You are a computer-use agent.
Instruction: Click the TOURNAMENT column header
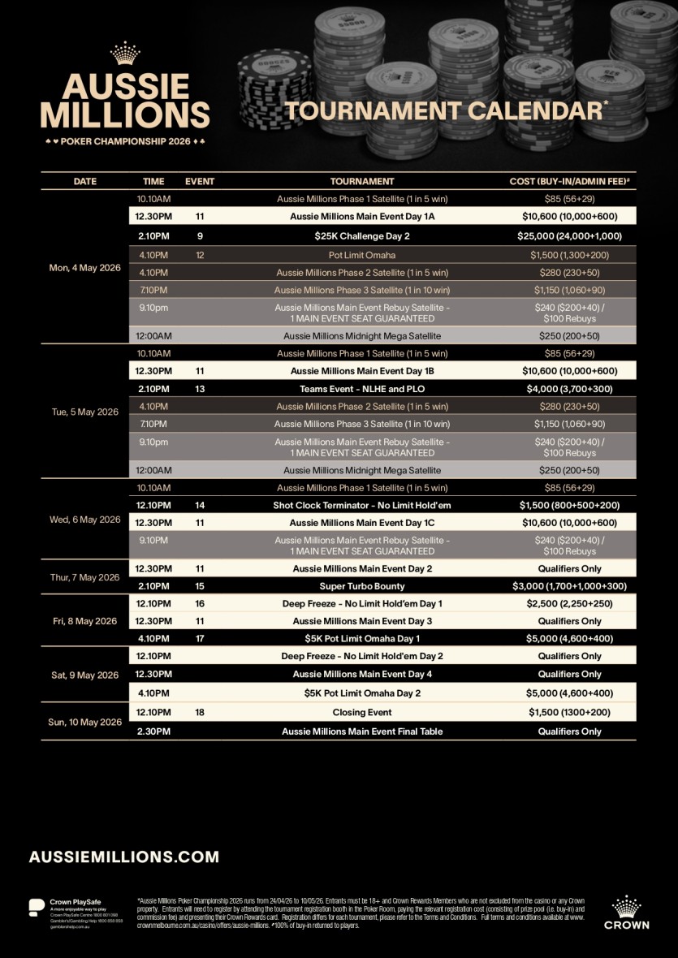coord(362,182)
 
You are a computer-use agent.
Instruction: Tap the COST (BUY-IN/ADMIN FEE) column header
coord(569,182)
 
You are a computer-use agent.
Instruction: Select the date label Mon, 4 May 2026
coord(84,268)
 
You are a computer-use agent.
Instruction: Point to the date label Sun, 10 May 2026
coord(84,722)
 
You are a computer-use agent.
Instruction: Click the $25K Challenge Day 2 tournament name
coord(362,236)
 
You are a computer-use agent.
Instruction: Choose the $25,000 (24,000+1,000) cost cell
coord(569,236)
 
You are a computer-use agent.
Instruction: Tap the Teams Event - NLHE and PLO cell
coord(362,389)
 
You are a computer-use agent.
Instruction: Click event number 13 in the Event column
coord(200,389)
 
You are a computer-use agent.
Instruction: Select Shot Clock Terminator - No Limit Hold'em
coord(362,505)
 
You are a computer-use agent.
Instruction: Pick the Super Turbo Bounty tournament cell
coord(362,586)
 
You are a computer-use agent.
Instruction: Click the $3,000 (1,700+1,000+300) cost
coord(569,586)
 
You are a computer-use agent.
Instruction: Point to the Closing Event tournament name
coord(362,713)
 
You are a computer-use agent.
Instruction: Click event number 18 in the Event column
coord(200,713)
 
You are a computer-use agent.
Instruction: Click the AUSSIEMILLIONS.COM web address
coord(124,857)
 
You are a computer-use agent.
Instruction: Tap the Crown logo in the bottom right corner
coord(626,912)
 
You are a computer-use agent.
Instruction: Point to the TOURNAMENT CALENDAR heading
coord(446,111)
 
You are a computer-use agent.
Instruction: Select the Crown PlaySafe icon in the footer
coord(37,906)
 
